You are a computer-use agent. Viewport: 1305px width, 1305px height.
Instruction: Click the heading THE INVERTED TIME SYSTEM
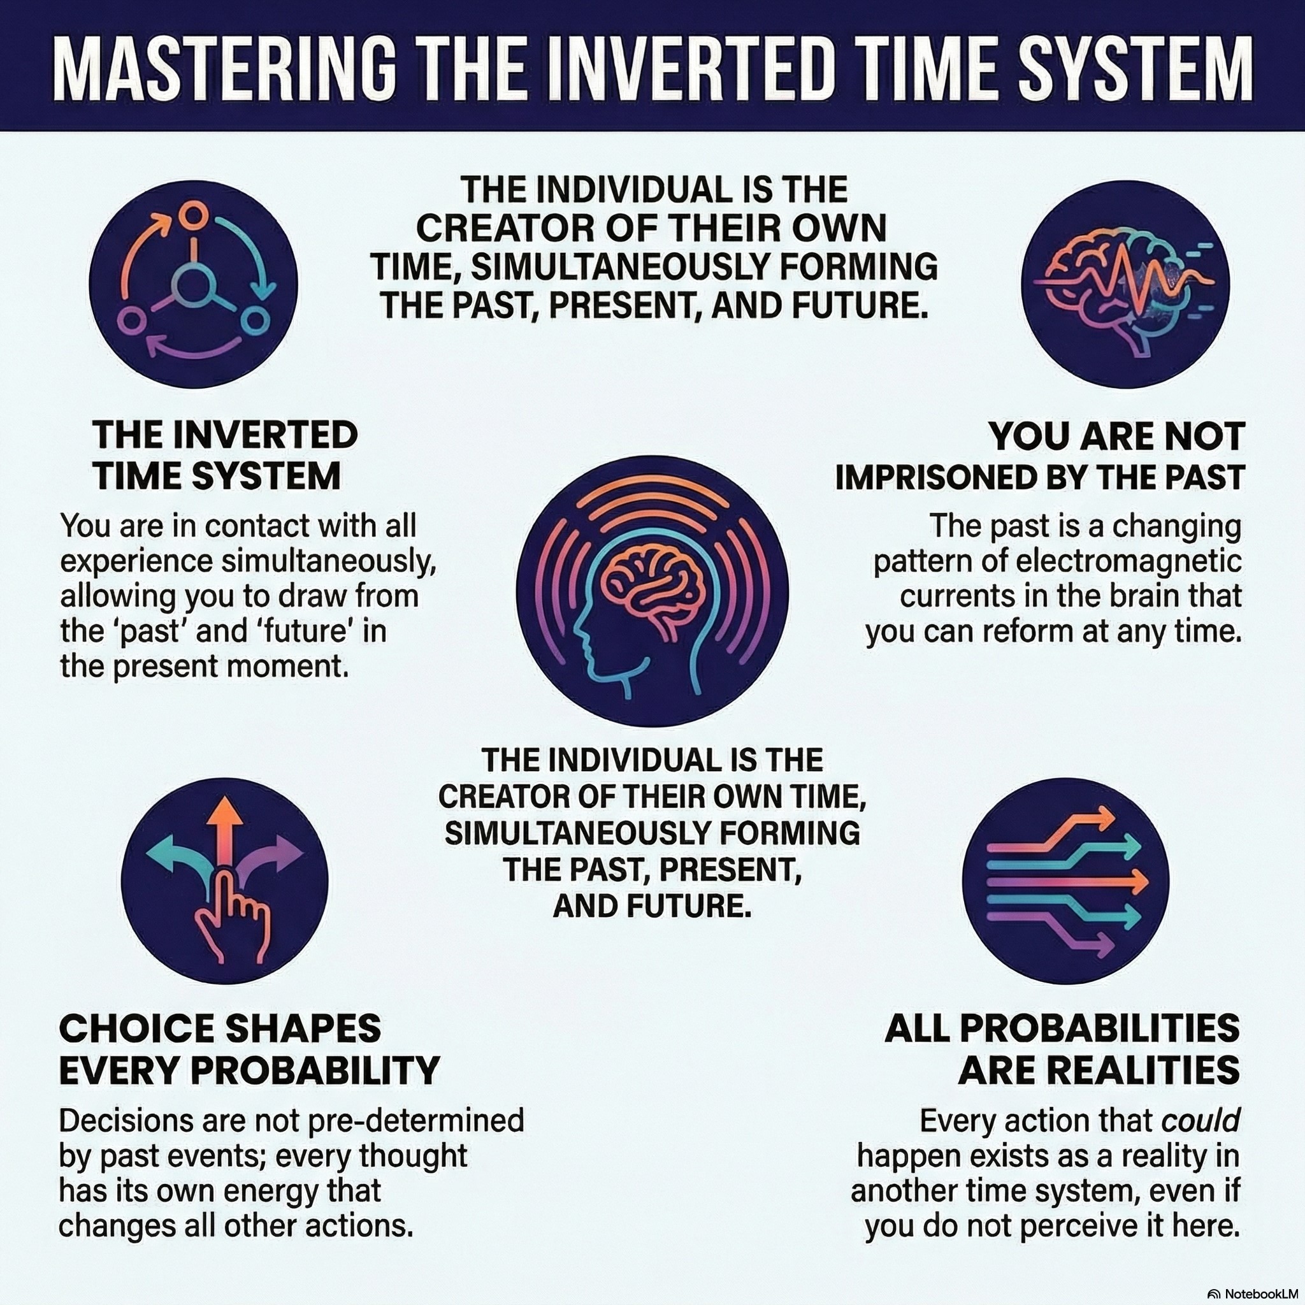coord(226,454)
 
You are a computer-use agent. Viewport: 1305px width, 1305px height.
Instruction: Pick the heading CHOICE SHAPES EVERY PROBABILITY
coord(249,1049)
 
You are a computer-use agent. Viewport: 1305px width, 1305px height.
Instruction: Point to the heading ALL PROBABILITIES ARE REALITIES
coord(1062,1049)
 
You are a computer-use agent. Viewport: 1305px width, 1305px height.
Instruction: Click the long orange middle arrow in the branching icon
coord(1067,881)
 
